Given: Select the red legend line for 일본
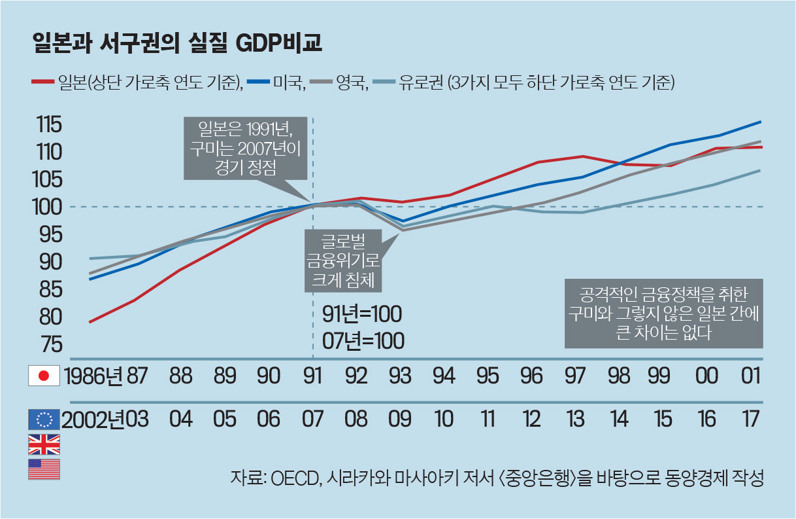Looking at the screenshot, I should click(43, 82).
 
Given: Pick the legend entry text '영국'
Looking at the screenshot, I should click(353, 82).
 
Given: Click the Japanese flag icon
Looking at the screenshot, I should click(44, 376).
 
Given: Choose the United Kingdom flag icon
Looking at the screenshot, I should click(44, 444).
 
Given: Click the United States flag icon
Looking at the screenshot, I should click(44, 469).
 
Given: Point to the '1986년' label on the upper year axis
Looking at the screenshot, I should click(93, 376).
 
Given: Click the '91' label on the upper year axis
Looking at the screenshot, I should click(313, 376).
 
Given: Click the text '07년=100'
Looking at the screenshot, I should click(363, 340).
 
